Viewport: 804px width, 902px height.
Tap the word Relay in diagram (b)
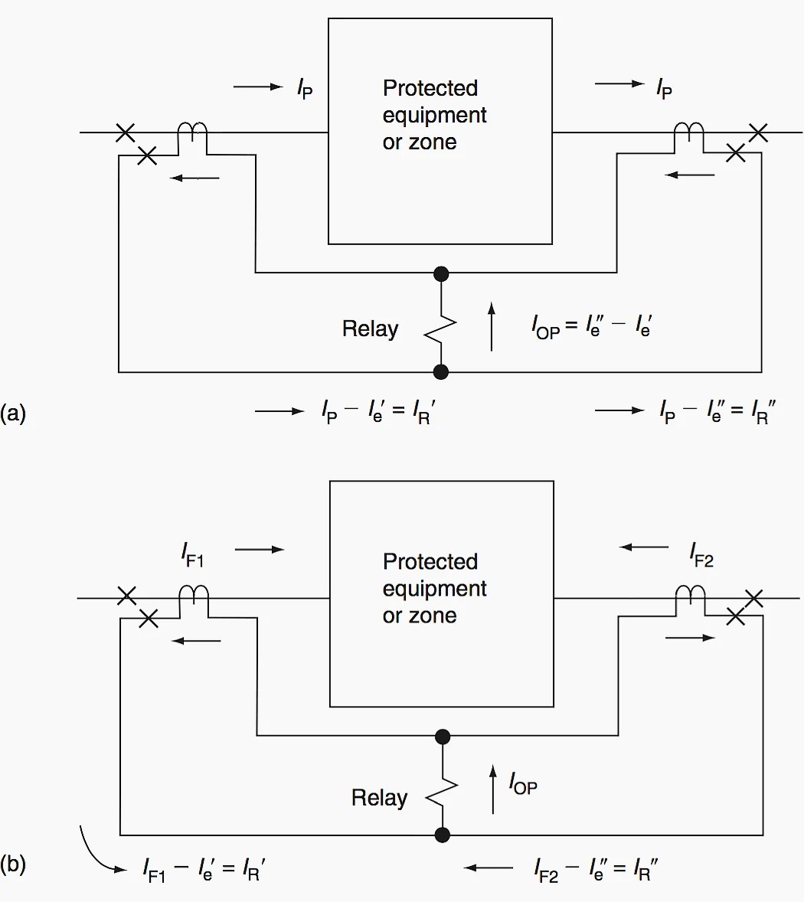point(379,798)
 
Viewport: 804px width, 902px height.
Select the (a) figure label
point(13,413)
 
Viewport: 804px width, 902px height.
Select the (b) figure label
point(13,865)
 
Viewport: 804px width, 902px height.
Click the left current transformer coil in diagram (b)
point(194,596)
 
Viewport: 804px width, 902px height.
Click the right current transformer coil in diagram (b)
point(690,596)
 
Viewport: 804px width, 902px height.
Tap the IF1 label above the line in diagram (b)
point(192,553)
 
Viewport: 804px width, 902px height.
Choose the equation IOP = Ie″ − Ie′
point(591,326)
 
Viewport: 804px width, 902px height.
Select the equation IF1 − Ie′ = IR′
point(204,870)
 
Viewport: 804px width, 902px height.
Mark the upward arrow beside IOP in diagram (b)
point(493,789)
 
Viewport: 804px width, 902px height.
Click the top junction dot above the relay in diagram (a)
point(441,273)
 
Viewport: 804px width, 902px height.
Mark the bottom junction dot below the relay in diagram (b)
point(443,835)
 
